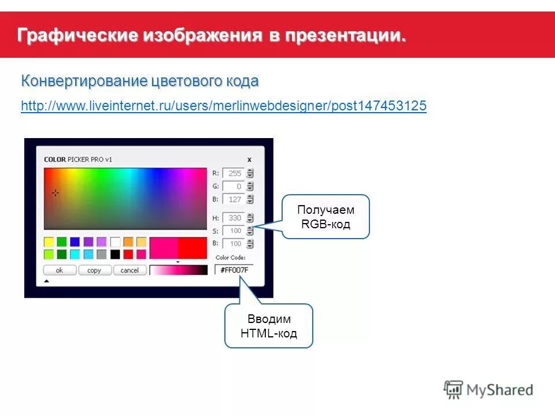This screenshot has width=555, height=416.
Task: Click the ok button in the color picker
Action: click(x=59, y=270)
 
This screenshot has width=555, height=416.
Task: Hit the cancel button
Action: click(x=129, y=270)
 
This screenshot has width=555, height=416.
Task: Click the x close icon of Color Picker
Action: click(x=249, y=159)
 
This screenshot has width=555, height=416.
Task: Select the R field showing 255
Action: click(x=234, y=173)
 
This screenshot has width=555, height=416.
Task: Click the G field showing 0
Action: click(x=234, y=186)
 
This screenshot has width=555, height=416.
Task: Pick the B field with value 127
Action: click(x=234, y=199)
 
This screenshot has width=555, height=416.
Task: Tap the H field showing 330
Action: click(x=234, y=218)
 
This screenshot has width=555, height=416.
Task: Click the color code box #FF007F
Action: click(x=234, y=269)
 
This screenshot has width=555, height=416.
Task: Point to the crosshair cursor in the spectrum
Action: click(x=55, y=193)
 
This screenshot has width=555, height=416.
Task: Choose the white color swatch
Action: click(x=116, y=242)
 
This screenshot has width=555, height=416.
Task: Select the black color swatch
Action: click(x=116, y=254)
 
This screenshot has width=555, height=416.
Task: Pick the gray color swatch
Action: click(x=102, y=254)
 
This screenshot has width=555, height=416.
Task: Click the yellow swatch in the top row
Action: click(x=49, y=242)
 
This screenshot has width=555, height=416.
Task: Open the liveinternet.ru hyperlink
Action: click(x=223, y=106)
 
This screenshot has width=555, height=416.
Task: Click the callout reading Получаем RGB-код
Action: click(x=325, y=217)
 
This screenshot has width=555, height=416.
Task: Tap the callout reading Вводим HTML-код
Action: click(x=269, y=326)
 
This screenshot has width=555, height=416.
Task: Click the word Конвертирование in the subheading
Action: click(x=84, y=81)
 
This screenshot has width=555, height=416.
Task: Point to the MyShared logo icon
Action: click(x=454, y=389)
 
